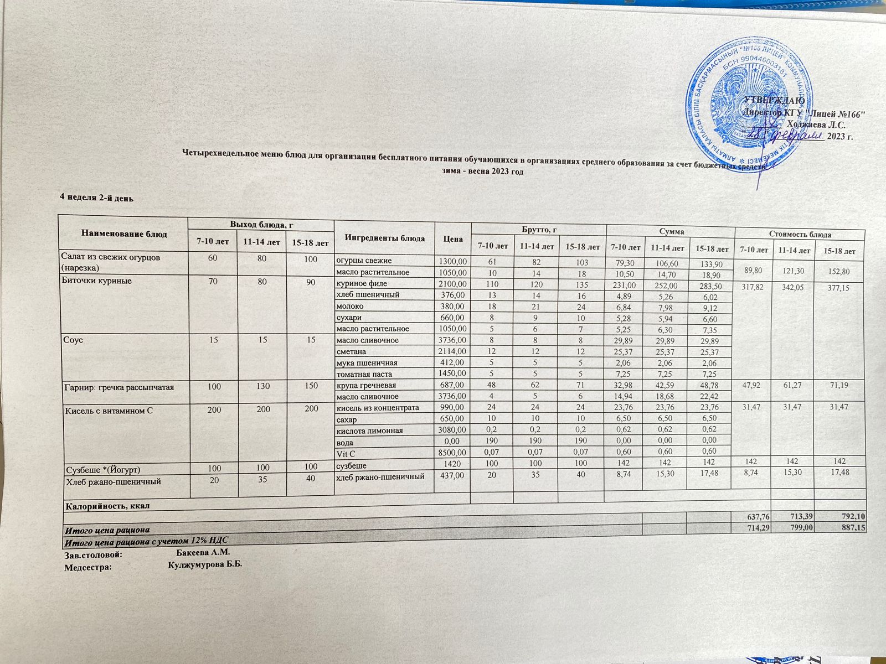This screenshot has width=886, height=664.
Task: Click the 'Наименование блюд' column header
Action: pos(124,234)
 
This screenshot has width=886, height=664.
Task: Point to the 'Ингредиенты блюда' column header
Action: pos(385,238)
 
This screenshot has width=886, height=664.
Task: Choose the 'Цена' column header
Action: pos(452,239)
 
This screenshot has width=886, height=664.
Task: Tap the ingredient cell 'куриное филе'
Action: pos(362,283)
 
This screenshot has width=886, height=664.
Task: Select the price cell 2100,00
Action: pos(453,284)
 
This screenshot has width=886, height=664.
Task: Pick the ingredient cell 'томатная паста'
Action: pos(364,374)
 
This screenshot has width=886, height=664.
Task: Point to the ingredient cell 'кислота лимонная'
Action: pos(369,430)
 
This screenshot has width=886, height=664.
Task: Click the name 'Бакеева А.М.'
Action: pos(202,552)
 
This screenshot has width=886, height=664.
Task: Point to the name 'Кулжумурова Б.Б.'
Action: pos(205,565)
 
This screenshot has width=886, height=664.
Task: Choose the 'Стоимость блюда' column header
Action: pos(800,235)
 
